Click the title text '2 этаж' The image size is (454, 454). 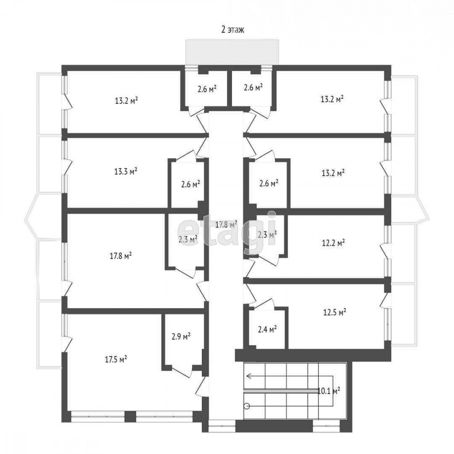coord(233,30)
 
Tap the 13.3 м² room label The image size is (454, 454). coord(126,171)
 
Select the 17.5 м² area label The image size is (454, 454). coord(116,359)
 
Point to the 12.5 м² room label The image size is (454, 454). coord(335,312)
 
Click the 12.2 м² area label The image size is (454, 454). coord(333,242)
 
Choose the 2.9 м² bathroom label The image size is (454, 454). coord(181,336)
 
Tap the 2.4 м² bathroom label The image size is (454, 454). coord(267,329)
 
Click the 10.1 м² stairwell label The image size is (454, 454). coord(329,391)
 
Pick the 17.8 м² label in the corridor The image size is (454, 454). coord(226,224)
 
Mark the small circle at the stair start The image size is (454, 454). coord(247,406)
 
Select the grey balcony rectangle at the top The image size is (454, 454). coord(232,52)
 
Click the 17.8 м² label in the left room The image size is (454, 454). coord(121,256)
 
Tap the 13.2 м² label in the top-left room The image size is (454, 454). coord(126,101)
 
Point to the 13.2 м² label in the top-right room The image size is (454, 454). coord(332,99)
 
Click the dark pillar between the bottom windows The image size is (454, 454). coord(130,417)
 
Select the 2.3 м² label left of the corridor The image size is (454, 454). coord(188,239)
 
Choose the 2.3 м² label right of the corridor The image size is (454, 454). coord(267,234)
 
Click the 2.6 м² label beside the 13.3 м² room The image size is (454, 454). coord(191,184)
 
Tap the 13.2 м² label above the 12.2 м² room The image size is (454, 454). coord(333,173)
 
